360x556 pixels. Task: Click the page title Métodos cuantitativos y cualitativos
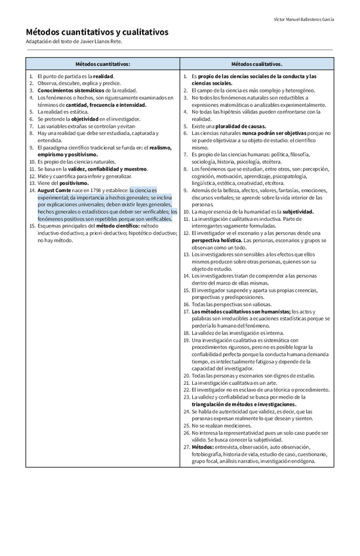(97, 31)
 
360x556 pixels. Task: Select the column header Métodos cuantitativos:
(102, 64)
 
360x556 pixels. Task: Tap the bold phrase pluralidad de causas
(241, 126)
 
